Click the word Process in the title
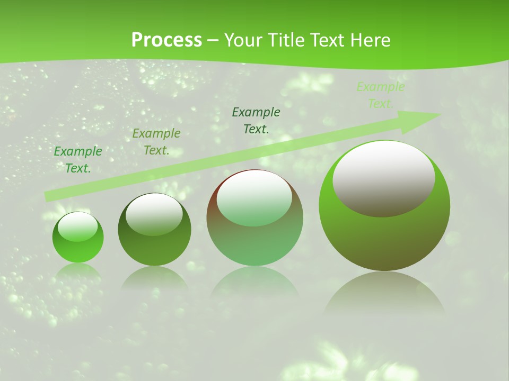(166, 40)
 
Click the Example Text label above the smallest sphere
(78, 160)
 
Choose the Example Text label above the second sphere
(156, 142)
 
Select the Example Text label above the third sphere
(256, 120)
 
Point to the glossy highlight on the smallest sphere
(77, 227)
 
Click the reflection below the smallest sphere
(78, 271)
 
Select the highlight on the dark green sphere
(154, 214)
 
